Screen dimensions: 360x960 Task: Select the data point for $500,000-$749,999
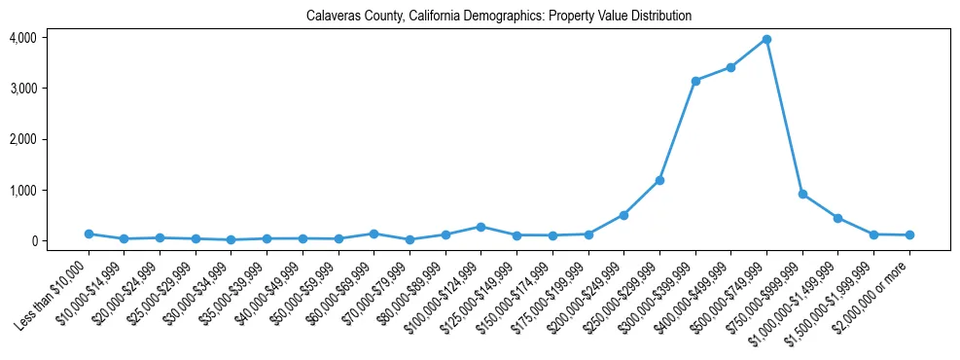[x=766, y=40]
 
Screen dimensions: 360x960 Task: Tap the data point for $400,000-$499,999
[x=730, y=67]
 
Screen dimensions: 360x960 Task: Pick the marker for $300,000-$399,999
[x=695, y=81]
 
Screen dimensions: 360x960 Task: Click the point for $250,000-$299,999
[x=659, y=180]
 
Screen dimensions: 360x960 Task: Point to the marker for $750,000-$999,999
[x=802, y=194]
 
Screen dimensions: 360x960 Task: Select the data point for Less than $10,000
[x=89, y=234]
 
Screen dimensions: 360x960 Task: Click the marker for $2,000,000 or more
[x=909, y=234]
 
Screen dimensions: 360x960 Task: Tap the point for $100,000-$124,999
[x=481, y=227]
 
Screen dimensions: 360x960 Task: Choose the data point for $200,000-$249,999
[x=623, y=215]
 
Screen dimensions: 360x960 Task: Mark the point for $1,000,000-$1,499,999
[x=837, y=218]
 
